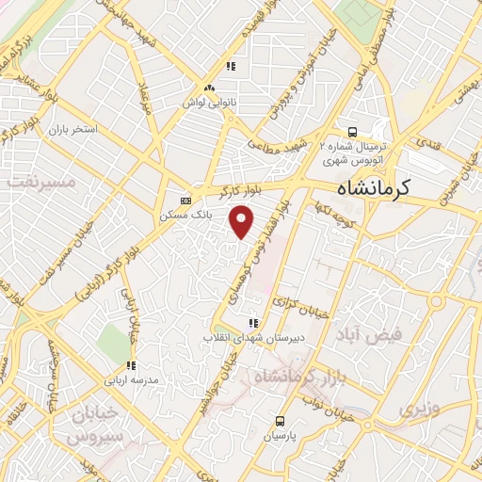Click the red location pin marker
[x=243, y=223]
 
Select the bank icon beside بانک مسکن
[x=185, y=200]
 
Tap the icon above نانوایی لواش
[x=231, y=66]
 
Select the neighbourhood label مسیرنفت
[x=37, y=181]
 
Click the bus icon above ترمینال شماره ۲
[x=351, y=133]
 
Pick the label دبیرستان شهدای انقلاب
[x=249, y=338]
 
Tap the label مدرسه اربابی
[x=132, y=379]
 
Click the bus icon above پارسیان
[x=280, y=421]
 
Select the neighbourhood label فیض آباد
[x=376, y=334]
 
